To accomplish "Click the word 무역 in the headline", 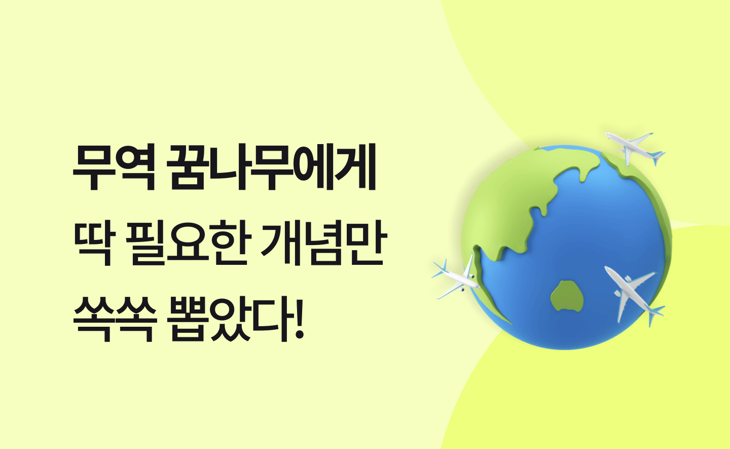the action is (114, 168).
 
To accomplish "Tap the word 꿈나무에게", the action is (271, 167).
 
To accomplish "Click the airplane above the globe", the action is (635, 148).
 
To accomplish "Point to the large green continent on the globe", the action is (512, 202).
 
